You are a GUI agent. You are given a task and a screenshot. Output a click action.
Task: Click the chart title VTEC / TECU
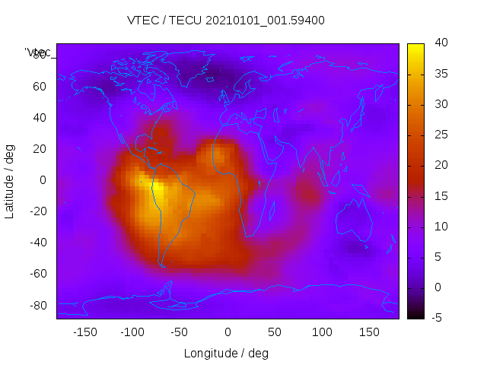(225, 21)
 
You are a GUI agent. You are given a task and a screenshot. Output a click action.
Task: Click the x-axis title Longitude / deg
(226, 354)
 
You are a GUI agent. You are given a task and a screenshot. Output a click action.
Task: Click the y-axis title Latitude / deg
(10, 180)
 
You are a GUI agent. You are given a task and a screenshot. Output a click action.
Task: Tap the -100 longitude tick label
(132, 332)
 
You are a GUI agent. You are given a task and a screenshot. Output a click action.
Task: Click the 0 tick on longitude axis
(227, 332)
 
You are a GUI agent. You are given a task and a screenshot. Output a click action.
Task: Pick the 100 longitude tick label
(321, 332)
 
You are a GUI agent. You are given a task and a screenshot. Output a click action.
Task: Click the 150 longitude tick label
(369, 332)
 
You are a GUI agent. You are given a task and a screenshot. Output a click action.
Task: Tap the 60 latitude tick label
(40, 87)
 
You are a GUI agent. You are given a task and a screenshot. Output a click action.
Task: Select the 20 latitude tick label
(40, 149)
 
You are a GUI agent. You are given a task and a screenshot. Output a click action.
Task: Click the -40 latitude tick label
(37, 243)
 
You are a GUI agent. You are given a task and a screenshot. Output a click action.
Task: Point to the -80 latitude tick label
(37, 305)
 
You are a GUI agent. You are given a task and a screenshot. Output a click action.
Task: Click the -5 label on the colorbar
(436, 318)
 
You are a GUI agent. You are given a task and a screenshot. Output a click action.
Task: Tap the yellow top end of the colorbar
(415, 47)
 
